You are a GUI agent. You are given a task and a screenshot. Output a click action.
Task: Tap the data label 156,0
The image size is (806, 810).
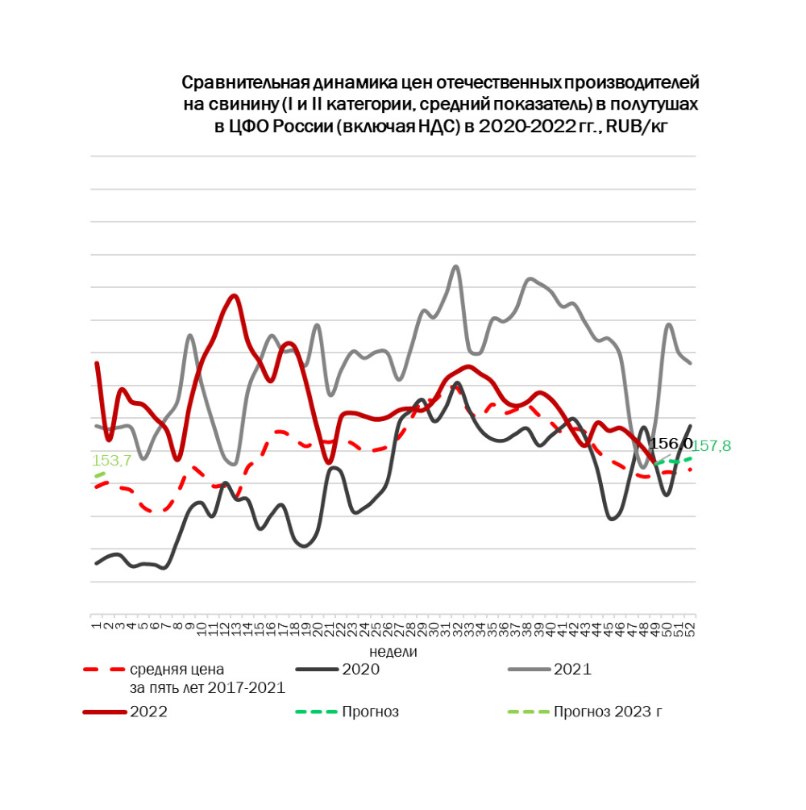671,444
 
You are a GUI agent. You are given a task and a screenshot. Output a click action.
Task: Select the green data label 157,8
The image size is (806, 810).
712,445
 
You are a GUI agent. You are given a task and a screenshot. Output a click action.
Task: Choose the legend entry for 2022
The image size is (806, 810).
148,712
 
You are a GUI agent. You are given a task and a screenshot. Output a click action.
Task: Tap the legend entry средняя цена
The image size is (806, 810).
177,670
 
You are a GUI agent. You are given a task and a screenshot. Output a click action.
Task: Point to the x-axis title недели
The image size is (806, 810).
393,650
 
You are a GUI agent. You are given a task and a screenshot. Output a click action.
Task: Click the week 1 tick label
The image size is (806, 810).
96,624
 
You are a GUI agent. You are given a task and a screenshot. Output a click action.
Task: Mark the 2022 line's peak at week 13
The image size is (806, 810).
235,295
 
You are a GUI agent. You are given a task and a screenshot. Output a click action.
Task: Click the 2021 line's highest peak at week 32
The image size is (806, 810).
456,266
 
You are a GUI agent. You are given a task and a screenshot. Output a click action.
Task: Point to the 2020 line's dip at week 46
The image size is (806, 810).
612,519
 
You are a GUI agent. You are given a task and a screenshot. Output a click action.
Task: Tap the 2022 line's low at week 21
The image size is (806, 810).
328,462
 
